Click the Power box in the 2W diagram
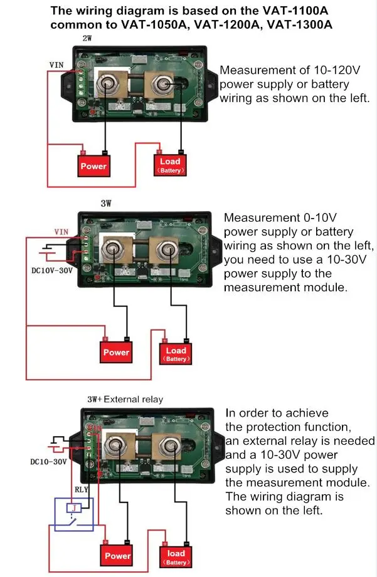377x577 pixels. pyautogui.click(x=93, y=166)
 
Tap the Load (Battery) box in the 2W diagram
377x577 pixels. pyautogui.click(x=170, y=165)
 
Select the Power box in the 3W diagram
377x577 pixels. pyautogui.click(x=116, y=352)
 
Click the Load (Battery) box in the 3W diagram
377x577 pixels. pyautogui.click(x=176, y=353)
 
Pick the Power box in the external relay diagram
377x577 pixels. pyautogui.click(x=117, y=555)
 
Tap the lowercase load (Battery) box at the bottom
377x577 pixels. pyautogui.click(x=176, y=557)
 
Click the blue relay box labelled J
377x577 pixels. pyautogui.click(x=74, y=514)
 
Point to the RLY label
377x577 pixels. pyautogui.click(x=82, y=489)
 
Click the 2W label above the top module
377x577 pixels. pyautogui.click(x=87, y=38)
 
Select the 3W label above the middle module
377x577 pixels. pyautogui.click(x=106, y=204)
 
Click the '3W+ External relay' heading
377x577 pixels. pyautogui.click(x=125, y=399)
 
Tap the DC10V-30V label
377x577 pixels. pyautogui.click(x=52, y=271)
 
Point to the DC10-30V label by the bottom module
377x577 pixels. pyautogui.click(x=48, y=462)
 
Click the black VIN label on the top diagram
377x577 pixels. pyautogui.click(x=56, y=65)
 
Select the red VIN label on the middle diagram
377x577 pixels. pyautogui.click(x=61, y=232)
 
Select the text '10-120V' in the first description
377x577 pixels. pyautogui.click(x=337, y=70)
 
